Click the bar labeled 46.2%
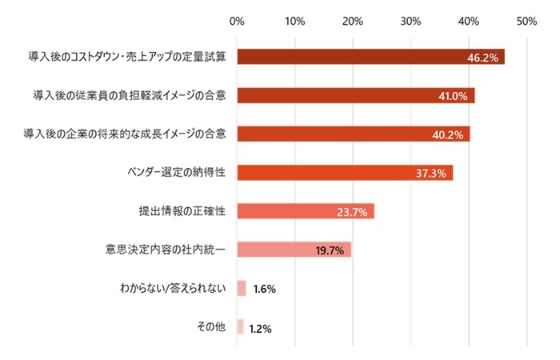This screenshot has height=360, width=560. coord(370,57)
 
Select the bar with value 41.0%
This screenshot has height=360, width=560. coord(355,95)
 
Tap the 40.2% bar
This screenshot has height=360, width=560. coord(353,134)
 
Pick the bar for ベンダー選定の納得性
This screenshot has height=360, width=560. coord(345,173)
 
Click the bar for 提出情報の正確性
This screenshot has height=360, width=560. coord(306,211)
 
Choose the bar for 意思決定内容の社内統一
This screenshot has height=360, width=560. coord(294,250)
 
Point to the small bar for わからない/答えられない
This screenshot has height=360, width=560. coord(242,288)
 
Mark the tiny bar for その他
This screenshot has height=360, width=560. coord(240,327)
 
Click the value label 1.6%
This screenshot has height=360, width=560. coord(264,289)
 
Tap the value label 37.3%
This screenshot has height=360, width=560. coord(431,174)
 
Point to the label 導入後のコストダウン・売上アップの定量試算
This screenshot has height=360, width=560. coord(127,57)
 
